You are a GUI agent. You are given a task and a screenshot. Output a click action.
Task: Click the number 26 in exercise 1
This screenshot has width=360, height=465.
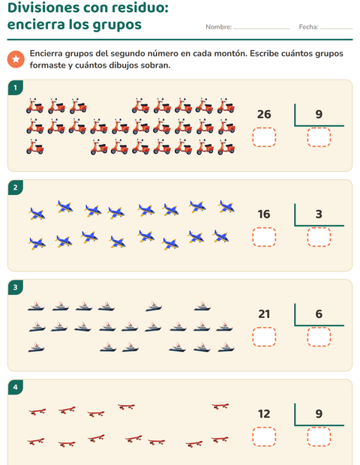[264, 114]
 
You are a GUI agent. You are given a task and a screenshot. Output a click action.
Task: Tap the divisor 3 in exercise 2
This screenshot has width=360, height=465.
[319, 214]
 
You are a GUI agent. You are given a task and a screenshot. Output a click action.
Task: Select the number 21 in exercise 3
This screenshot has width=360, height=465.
[264, 314]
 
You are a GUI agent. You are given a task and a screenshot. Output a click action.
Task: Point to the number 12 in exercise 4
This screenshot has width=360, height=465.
[264, 414]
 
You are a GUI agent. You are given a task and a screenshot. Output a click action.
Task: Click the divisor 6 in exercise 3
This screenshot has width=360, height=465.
[319, 314]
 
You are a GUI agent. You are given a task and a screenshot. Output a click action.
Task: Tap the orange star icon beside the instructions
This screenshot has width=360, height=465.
[16, 59]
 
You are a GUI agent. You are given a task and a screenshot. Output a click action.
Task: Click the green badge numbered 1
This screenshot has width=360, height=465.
[16, 88]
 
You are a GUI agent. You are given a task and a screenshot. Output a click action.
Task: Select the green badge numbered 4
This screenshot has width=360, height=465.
[16, 387]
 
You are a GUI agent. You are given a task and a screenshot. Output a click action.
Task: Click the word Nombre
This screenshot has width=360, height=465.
[218, 27]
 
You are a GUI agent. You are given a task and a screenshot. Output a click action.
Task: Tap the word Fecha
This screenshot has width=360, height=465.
[308, 27]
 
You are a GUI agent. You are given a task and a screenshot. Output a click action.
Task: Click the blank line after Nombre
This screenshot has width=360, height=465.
[262, 28]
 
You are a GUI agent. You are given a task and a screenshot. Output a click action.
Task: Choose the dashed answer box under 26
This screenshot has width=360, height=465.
[264, 137]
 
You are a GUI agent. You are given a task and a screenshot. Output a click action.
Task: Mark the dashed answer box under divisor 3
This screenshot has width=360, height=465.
[319, 237]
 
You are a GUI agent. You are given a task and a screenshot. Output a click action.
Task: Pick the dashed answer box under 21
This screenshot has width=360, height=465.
[264, 337]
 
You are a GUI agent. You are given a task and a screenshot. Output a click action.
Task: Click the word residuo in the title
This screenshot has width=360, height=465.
[140, 7]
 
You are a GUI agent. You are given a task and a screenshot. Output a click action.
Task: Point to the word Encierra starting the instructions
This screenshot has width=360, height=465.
[46, 54]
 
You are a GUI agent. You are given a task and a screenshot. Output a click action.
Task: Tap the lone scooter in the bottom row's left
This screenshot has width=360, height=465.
[35, 147]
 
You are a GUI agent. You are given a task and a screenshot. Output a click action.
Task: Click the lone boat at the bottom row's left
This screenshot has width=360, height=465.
[36, 347]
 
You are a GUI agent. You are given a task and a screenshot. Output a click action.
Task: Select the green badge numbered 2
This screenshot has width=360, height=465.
[16, 187]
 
